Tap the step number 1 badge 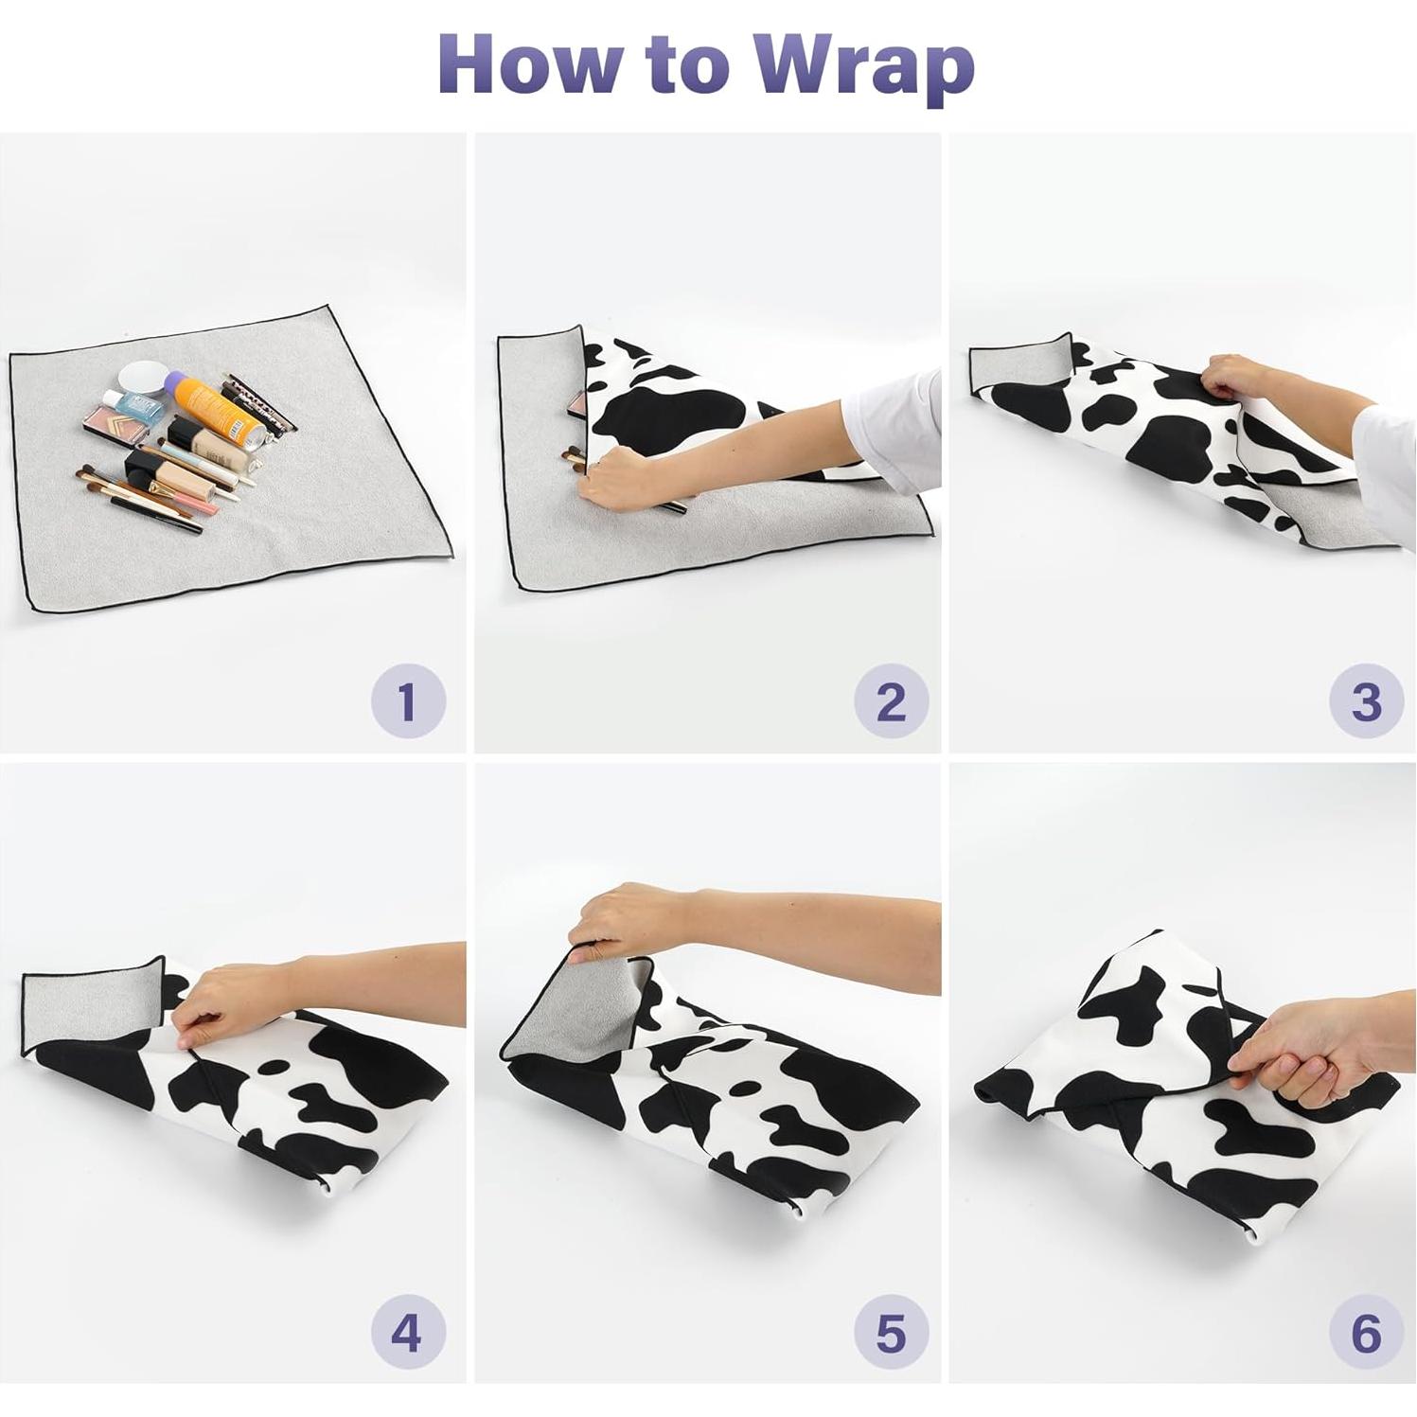(408, 702)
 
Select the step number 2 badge (891, 702)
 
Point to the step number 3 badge (1366, 702)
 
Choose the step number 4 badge (408, 1335)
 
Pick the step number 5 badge (891, 1335)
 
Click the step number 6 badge (1366, 1335)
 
